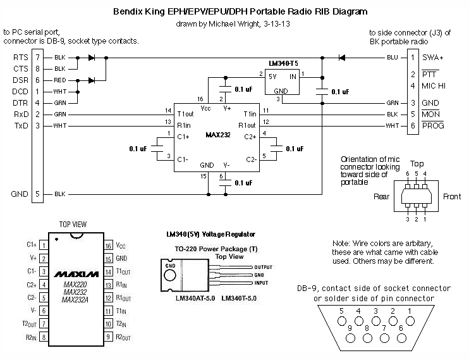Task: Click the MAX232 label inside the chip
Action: (216, 135)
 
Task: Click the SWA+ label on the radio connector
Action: (434, 58)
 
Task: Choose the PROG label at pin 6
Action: (433, 126)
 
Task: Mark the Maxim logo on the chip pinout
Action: (75, 275)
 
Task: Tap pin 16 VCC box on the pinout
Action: (109, 245)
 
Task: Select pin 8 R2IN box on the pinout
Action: (42, 338)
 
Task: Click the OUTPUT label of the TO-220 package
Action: (263, 267)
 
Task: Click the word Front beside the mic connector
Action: (451, 197)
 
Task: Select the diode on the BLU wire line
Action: (342, 58)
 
